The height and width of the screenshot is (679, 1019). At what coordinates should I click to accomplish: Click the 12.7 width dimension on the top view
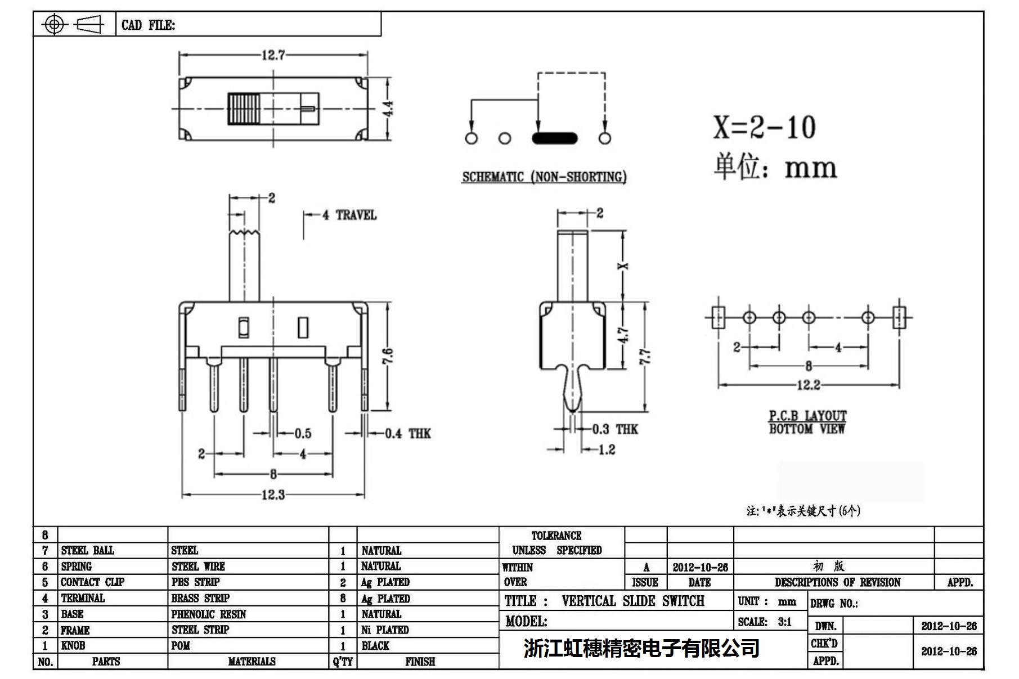273,55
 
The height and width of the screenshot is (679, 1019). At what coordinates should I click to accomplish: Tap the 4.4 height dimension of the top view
388,109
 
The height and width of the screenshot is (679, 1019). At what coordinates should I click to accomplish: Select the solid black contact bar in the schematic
554,138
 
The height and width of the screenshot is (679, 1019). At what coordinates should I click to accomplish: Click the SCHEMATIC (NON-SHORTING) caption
544,177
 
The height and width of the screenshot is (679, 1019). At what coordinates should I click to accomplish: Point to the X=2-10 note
764,127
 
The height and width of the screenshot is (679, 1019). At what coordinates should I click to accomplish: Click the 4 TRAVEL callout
349,215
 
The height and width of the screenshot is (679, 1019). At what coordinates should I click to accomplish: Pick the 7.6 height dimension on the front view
388,356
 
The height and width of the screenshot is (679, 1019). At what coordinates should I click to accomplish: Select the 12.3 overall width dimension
273,495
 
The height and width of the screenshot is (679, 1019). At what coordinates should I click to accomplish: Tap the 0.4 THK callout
408,434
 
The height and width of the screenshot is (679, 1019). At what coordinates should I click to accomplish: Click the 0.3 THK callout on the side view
615,430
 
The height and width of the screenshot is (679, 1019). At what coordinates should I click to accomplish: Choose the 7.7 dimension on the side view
645,357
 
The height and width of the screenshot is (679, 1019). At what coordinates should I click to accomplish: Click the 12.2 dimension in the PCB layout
808,385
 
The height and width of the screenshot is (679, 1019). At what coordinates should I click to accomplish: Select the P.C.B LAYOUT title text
807,416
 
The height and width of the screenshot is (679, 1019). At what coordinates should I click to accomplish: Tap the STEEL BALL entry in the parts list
87,551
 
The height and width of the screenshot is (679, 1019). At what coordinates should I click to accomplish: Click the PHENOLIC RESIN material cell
209,614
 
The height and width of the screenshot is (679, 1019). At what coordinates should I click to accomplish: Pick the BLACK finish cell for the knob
375,646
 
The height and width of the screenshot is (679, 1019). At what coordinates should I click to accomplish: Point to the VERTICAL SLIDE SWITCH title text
632,601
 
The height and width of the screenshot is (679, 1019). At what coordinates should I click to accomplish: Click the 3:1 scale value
785,622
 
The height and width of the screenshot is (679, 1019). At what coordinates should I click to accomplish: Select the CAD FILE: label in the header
148,25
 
